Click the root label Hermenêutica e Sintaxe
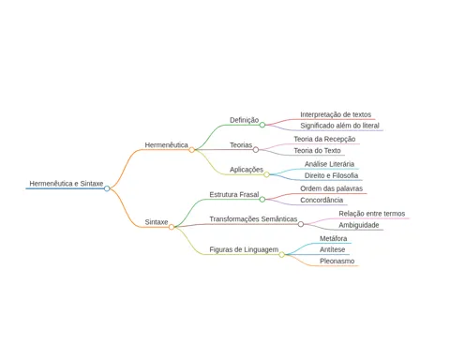(x=67, y=184)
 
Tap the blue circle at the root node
(x=107, y=188)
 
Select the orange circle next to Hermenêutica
(x=191, y=150)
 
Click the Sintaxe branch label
(x=157, y=222)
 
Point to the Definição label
(x=244, y=120)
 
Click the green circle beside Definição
(x=262, y=125)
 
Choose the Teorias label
(x=241, y=145)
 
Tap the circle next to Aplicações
(x=266, y=174)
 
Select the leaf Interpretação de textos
(x=336, y=114)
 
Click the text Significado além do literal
(x=339, y=126)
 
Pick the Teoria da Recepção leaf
(x=324, y=139)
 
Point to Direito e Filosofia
(x=331, y=175)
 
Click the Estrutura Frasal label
(x=234, y=194)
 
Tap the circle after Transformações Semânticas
(x=301, y=224)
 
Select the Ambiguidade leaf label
(x=359, y=225)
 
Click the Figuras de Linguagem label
(x=244, y=249)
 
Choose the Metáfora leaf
(x=333, y=238)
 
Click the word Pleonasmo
(x=337, y=261)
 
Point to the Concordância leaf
(x=322, y=200)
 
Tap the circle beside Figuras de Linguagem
(x=281, y=255)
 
